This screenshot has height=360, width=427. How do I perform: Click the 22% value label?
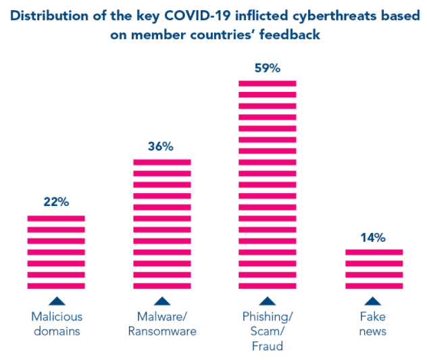(x=56, y=202)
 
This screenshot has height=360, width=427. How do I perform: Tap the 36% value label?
(x=161, y=146)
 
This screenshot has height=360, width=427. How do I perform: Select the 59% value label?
(x=267, y=68)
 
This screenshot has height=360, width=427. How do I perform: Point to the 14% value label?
(x=373, y=237)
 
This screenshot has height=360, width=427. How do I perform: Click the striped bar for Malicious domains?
(x=56, y=252)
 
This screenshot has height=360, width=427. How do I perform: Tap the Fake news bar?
(x=373, y=269)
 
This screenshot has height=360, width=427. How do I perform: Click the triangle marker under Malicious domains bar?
(x=56, y=301)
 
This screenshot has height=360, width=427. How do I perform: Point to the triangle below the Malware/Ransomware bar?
(x=161, y=301)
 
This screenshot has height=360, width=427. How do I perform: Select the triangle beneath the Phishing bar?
(x=267, y=301)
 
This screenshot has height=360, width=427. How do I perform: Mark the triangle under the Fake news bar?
(x=373, y=301)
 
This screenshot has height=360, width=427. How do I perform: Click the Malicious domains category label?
(x=56, y=324)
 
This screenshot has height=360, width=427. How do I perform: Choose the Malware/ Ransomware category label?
(x=161, y=324)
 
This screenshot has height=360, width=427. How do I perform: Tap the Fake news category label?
(x=373, y=324)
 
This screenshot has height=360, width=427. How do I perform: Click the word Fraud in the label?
(x=267, y=346)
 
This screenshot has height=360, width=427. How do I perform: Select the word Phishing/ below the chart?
(x=267, y=316)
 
